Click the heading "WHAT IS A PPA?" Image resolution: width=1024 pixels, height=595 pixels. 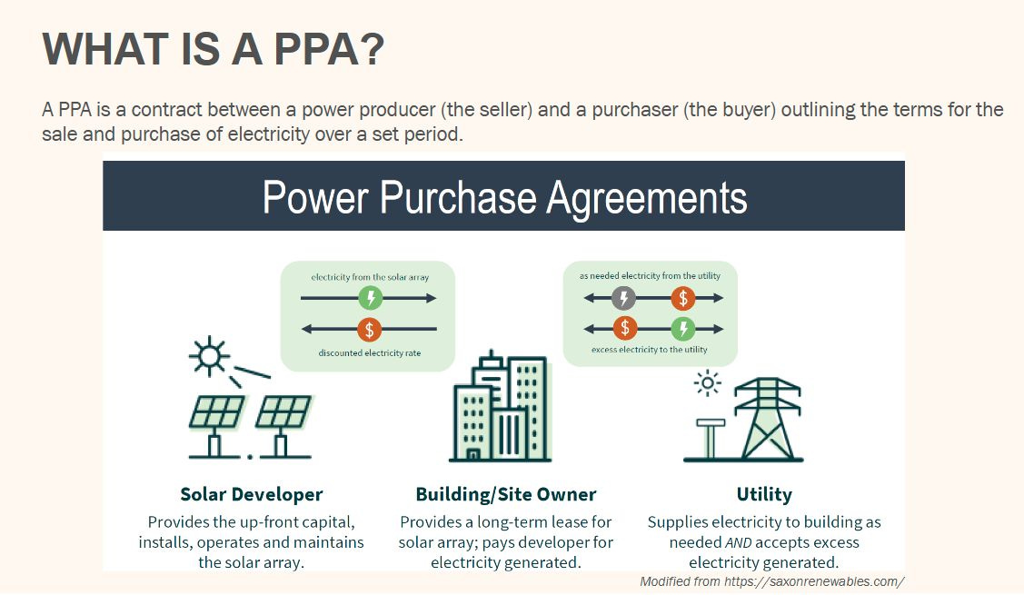point(214,49)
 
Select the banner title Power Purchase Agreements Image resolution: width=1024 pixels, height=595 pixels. point(504,196)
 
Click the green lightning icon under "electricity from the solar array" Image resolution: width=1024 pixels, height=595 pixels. point(370,298)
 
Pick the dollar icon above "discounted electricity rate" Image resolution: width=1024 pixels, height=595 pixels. point(369,329)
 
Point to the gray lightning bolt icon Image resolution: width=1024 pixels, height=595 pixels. point(623,298)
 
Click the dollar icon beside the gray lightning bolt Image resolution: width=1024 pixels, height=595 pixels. point(683,298)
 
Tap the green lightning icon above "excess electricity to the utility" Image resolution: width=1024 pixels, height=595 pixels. point(683,329)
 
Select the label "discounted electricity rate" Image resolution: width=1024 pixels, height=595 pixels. point(370,353)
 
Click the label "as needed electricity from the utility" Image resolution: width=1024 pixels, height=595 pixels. point(649,275)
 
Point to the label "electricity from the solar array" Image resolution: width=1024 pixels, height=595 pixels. point(369,276)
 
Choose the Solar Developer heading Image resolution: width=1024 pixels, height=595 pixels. point(251,495)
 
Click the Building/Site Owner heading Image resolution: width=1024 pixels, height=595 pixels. point(506,495)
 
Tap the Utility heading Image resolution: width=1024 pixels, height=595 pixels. point(764,495)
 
